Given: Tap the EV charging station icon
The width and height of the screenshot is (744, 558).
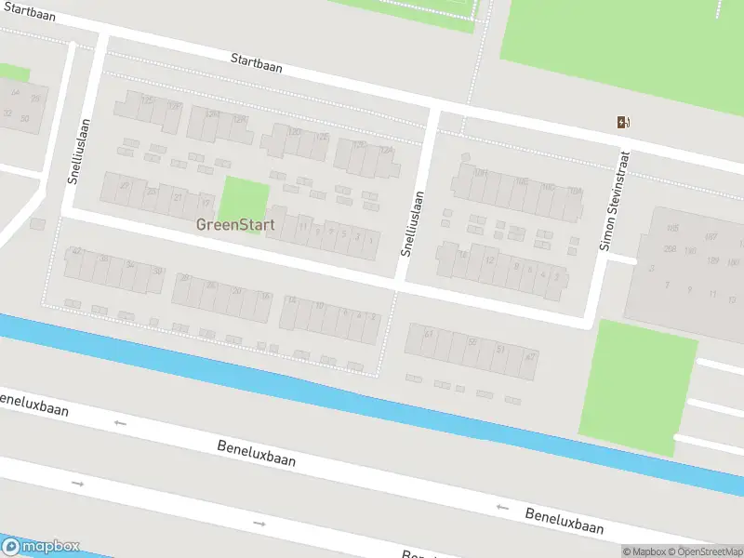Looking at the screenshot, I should [622, 122].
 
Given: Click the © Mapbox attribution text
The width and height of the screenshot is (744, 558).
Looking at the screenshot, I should [644, 551].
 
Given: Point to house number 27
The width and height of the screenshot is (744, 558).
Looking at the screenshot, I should [125, 186].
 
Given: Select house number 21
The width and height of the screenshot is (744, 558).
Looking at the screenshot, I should [179, 197].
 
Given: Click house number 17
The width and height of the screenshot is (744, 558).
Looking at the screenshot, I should [206, 203].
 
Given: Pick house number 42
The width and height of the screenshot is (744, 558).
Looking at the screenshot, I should [77, 252].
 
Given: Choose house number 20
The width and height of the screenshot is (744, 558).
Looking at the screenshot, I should [237, 291].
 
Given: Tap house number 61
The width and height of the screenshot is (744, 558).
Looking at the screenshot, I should [429, 334].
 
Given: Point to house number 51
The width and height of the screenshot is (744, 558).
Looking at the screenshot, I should [500, 350].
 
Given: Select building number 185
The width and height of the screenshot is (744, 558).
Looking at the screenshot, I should [672, 228].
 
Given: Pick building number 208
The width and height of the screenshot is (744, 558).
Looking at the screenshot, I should [670, 248].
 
